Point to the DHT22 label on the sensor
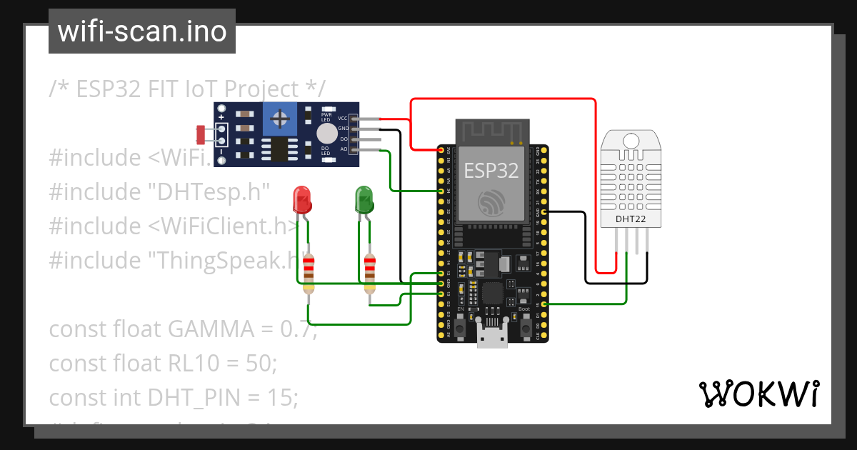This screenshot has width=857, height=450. pyautogui.click(x=631, y=219)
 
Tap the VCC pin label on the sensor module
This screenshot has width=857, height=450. pyautogui.click(x=343, y=118)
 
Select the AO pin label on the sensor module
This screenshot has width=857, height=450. pyautogui.click(x=343, y=149)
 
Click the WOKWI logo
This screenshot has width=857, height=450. pyautogui.click(x=758, y=394)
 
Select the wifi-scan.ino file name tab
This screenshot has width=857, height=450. pyautogui.click(x=141, y=31)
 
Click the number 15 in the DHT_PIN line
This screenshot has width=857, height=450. pyautogui.click(x=282, y=397)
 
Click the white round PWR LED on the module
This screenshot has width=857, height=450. pyautogui.click(x=326, y=133)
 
